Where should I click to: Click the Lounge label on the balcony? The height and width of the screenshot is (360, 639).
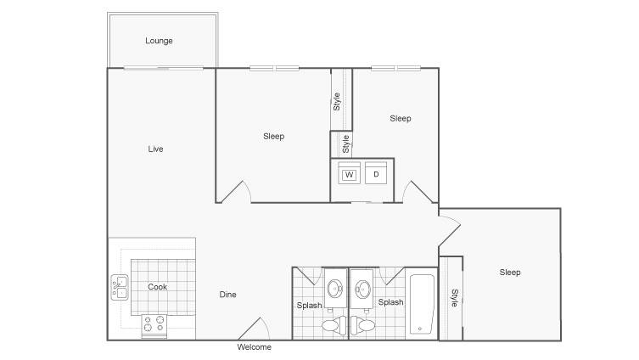pyautogui.click(x=159, y=41)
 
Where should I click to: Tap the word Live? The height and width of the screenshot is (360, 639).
pyautogui.click(x=155, y=149)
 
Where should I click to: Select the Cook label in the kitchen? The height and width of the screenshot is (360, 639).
pyautogui.click(x=157, y=287)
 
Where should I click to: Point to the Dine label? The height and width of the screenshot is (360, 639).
pyautogui.click(x=227, y=295)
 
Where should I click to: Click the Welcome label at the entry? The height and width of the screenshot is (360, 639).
pyautogui.click(x=255, y=347)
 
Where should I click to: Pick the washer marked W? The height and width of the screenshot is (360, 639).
pyautogui.click(x=350, y=173)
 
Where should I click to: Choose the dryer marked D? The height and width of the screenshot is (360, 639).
pyautogui.click(x=376, y=173)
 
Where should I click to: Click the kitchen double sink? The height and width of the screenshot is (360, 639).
pyautogui.click(x=120, y=288)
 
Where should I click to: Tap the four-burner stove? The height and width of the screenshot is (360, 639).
pyautogui.click(x=154, y=325)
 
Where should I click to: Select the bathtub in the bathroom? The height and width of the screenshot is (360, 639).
pyautogui.click(x=422, y=304)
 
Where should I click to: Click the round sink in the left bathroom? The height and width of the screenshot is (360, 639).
pyautogui.click(x=336, y=289)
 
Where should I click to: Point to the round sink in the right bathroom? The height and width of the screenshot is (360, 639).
pyautogui.click(x=362, y=289)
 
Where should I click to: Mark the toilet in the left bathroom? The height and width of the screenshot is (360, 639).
pyautogui.click(x=331, y=323)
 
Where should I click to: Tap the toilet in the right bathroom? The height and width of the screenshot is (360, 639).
pyautogui.click(x=365, y=323)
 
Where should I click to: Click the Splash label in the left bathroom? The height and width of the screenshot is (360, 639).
pyautogui.click(x=309, y=306)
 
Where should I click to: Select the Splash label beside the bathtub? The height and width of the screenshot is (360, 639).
pyautogui.click(x=391, y=302)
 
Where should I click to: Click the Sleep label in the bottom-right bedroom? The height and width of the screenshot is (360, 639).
pyautogui.click(x=510, y=273)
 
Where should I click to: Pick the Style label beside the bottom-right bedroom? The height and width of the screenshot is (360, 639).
pyautogui.click(x=454, y=298)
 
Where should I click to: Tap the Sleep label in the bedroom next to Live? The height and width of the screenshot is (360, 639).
pyautogui.click(x=274, y=136)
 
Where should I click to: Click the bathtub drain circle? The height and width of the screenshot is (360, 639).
pyautogui.click(x=420, y=329)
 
